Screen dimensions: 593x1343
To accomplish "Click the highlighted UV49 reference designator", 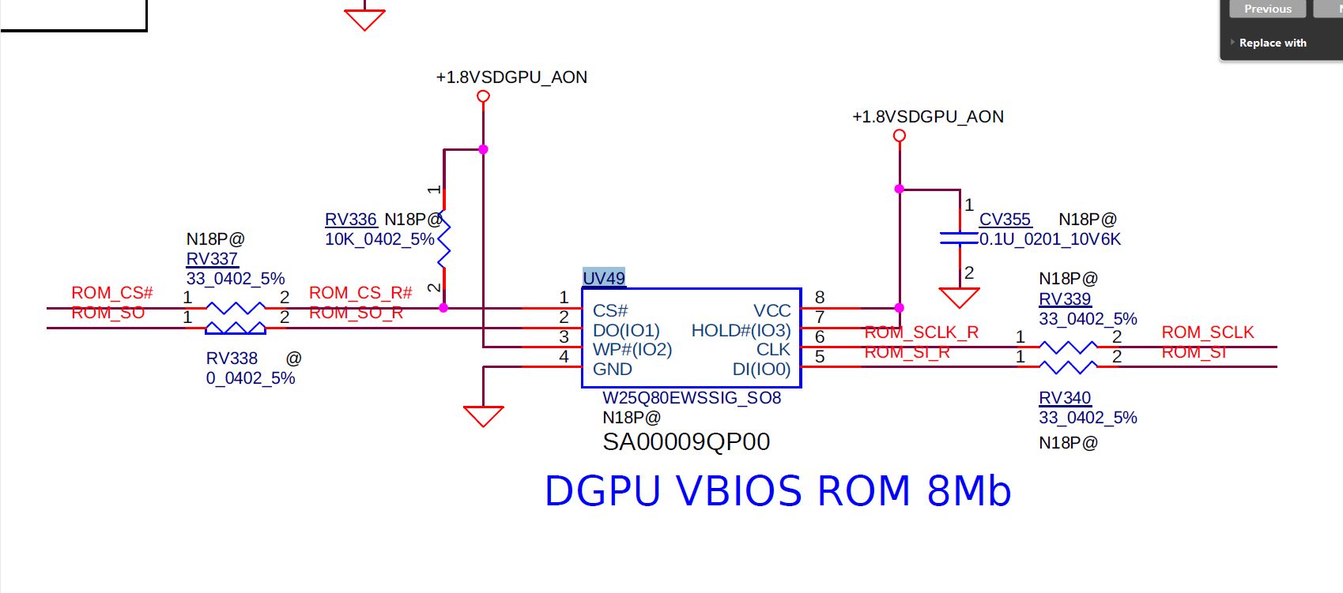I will click(604, 278).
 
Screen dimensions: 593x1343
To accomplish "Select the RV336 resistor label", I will click(351, 220).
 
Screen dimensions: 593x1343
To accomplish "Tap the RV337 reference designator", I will click(212, 259).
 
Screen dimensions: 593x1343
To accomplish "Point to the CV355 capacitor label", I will click(1005, 220).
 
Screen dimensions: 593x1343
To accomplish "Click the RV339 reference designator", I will click(1065, 299).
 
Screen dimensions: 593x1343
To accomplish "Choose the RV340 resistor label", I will click(1065, 398).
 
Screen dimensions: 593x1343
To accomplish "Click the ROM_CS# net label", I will click(112, 293).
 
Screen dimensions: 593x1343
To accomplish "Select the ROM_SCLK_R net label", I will click(922, 332).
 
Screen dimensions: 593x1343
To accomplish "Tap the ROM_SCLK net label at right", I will click(1208, 332).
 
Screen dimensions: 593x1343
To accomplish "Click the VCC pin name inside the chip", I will click(771, 311).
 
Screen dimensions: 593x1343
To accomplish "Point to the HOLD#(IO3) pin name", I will click(741, 331).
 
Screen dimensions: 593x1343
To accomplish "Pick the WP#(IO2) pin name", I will click(632, 350).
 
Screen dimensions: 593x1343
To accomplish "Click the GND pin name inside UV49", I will click(613, 370).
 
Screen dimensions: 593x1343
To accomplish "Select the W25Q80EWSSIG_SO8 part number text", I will click(692, 398).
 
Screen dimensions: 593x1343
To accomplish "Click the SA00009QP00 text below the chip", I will click(686, 442).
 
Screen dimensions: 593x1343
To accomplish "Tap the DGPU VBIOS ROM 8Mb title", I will click(778, 491).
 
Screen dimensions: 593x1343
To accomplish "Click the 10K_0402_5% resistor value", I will click(379, 239).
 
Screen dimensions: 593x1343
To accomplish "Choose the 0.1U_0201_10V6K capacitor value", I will click(1050, 239).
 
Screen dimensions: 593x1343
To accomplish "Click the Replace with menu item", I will click(1273, 43).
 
